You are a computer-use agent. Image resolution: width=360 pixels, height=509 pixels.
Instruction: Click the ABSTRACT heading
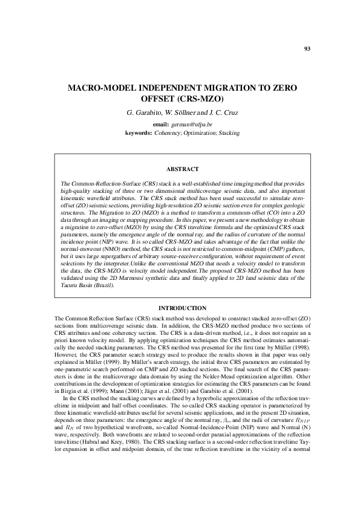[182, 169]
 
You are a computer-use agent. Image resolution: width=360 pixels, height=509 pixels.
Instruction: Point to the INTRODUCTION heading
[182, 309]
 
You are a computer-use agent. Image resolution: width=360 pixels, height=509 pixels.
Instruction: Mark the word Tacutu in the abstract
[71, 287]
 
